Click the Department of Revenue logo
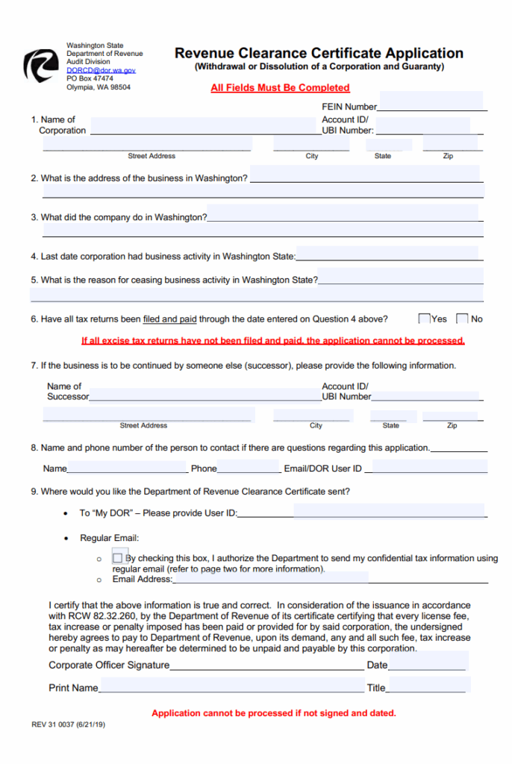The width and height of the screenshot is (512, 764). click(x=40, y=66)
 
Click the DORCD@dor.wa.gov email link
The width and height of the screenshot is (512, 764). click(x=101, y=70)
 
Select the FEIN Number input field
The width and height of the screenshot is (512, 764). click(x=431, y=102)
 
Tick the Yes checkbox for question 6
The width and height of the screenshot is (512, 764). click(x=425, y=319)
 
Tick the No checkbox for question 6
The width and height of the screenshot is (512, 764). click(x=462, y=319)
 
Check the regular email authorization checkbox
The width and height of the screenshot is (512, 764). click(x=118, y=558)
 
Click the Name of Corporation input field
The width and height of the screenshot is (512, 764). click(x=205, y=126)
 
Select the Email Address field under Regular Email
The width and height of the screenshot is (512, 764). click(x=270, y=577)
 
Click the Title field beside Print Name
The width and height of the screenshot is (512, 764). click(x=428, y=685)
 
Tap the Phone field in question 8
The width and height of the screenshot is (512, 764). click(x=249, y=467)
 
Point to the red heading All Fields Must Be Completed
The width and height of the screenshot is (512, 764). click(x=280, y=88)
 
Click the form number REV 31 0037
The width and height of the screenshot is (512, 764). click(x=68, y=724)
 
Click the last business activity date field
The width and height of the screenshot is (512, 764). click(x=389, y=254)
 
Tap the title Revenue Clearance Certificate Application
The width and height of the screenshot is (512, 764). click(x=319, y=53)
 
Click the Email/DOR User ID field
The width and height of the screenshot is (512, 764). click(x=429, y=467)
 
